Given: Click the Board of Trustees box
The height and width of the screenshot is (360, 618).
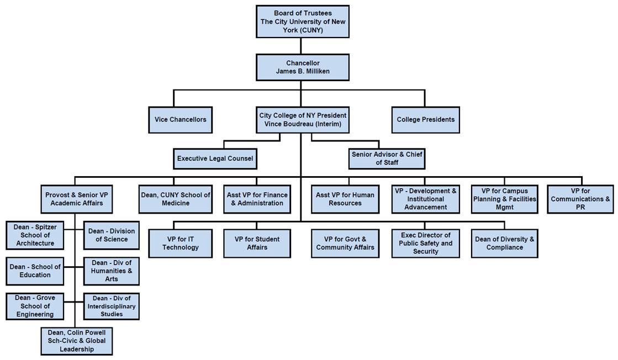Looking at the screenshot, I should pos(303,22).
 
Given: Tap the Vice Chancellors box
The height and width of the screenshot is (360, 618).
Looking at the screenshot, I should pos(180,120).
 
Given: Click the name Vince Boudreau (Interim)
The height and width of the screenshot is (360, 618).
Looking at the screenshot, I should pos(303,124).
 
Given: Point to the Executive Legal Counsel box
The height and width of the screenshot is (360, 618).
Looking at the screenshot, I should pos(215,158).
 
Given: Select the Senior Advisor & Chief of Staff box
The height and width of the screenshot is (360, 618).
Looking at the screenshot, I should pos(387,158).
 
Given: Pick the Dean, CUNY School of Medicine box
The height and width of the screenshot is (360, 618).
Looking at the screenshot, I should pos(176,199).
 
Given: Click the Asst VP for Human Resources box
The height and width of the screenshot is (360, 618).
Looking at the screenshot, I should pos(345,199).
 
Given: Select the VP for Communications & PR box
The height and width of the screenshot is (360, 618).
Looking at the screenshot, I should pos(580,199).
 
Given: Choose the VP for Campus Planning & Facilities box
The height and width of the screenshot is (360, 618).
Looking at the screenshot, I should pos(504,199).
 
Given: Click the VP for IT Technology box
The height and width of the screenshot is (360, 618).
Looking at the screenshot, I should pos(180,243).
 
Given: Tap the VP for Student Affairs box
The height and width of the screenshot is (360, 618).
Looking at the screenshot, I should pos(257,243).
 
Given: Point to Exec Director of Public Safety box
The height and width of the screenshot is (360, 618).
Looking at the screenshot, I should pos(425,243).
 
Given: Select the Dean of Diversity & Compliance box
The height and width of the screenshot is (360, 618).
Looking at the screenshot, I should pos(504,243).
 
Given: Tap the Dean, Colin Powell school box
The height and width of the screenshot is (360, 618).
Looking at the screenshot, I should pos(76,341).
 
